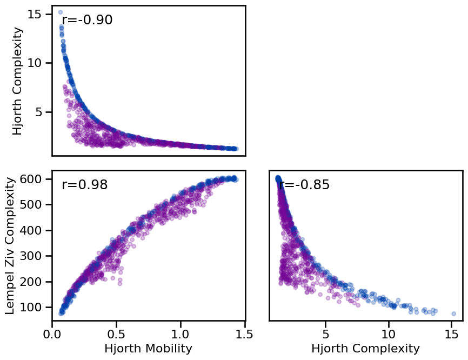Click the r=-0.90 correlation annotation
(87, 21)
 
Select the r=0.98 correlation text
(85, 185)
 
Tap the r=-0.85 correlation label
(304, 185)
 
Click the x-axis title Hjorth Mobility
(148, 349)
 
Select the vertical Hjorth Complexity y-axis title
(18, 81)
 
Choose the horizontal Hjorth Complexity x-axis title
(365, 349)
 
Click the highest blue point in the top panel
(60, 12)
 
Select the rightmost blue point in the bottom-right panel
(453, 314)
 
